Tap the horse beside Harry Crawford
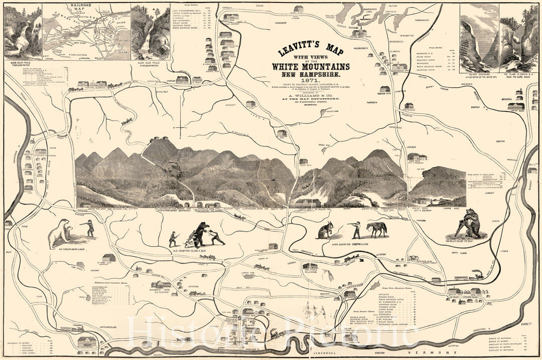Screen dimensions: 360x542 [x=377, y=230]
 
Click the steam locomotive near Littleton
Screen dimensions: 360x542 [x=477, y=276]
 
